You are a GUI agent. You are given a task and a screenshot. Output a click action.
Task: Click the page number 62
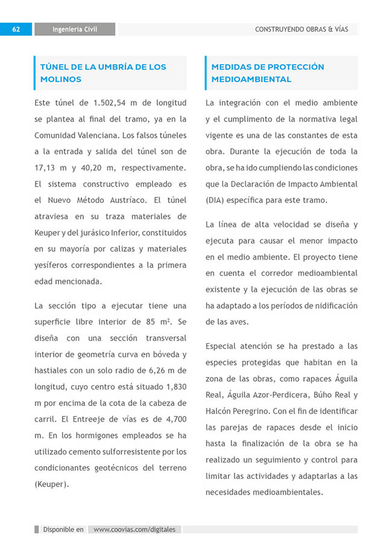pyautogui.click(x=16, y=29)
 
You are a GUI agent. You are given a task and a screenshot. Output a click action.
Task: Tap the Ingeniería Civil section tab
pyautogui.click(x=75, y=29)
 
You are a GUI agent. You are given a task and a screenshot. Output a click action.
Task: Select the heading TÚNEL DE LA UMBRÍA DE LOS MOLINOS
pyautogui.click(x=103, y=73)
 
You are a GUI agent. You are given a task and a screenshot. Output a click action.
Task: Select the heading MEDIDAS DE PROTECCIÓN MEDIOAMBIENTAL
pyautogui.click(x=267, y=73)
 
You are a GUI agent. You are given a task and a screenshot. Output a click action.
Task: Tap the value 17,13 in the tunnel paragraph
pyautogui.click(x=46, y=167)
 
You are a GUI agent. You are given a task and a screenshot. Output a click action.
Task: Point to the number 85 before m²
pyautogui.click(x=153, y=321)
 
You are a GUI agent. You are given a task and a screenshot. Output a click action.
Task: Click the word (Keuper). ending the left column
pyautogui.click(x=52, y=484)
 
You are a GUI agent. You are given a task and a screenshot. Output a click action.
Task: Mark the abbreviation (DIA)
pyautogui.click(x=217, y=200)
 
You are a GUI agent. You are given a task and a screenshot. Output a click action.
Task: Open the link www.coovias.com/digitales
pyautogui.click(x=134, y=530)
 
